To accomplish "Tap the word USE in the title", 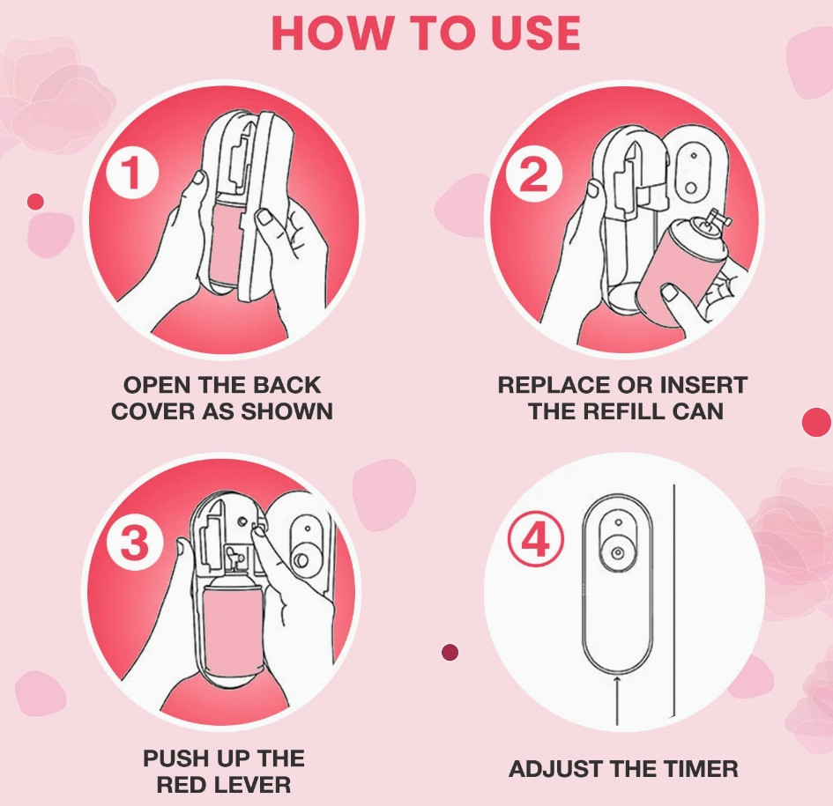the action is coord(535,33).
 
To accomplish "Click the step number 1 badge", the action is coord(132,173).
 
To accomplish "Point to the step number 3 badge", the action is coord(133,543).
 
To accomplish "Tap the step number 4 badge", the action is coord(535,541).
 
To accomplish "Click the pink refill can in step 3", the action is coord(234,626).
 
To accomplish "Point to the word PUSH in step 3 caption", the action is coord(172,758).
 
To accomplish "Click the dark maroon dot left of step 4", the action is coord(450,652).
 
